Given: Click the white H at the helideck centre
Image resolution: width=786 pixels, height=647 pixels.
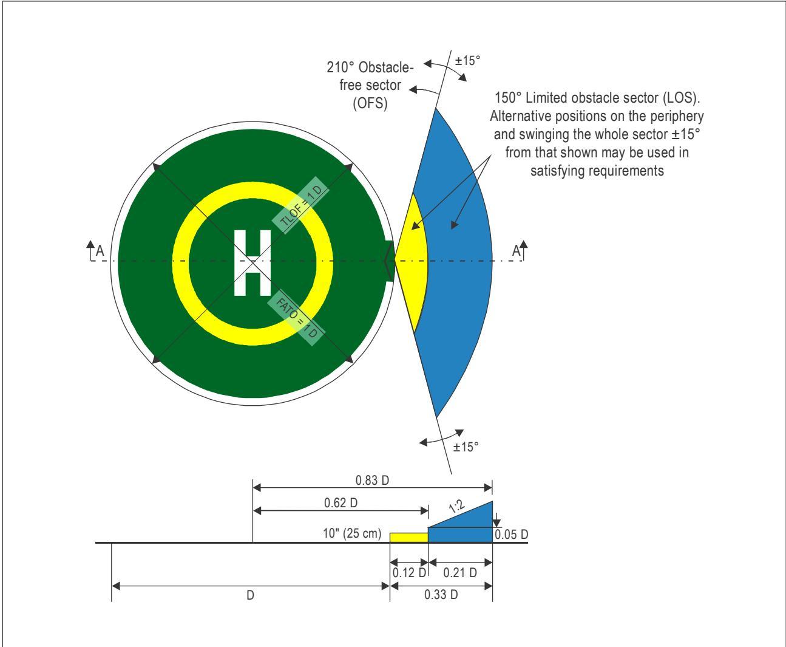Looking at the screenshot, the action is point(252,263).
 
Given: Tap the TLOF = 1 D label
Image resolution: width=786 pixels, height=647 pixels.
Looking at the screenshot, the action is point(300,205).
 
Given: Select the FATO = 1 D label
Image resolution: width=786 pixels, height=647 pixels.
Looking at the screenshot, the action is point(297,318).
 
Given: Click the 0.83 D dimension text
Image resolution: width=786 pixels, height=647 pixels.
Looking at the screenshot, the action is point(372,480).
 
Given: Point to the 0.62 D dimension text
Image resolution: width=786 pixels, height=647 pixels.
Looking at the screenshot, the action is point(340,503).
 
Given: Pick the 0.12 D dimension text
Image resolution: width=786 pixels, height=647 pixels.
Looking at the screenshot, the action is point(409,572).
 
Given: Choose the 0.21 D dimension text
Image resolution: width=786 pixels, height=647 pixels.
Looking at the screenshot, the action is point(460,572).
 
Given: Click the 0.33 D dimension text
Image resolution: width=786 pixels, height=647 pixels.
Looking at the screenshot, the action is point(441,594).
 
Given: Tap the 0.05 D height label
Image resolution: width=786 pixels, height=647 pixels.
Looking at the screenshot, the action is point(511,535).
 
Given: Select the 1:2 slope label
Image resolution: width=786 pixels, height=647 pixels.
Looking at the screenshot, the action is point(456,507).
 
